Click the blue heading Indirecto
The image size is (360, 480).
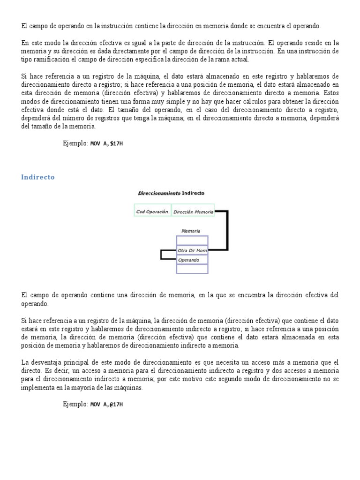coord(38,177)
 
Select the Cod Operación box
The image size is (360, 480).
coord(152,211)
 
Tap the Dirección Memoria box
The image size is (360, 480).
coord(193,211)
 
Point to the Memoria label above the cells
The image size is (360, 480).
coord(191,231)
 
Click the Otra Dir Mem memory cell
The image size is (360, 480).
coord(192,250)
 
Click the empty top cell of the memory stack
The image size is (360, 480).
coord(192,240)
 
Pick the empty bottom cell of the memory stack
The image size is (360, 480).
coord(192,269)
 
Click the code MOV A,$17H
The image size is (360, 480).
coord(106,144)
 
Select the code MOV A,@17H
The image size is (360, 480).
coord(106,404)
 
